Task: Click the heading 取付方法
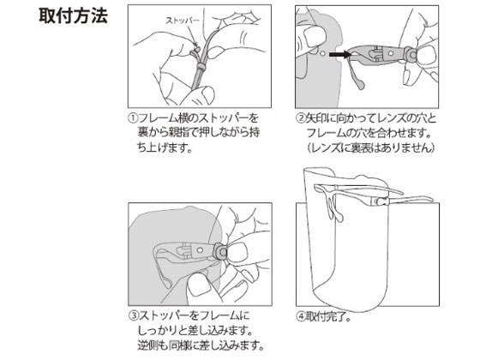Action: pos(73,16)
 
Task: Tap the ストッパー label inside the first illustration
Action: pos(182,21)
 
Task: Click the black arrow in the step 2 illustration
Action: pos(339,55)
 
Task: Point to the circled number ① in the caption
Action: pos(134,118)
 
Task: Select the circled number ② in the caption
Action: pos(301,118)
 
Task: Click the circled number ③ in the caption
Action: pos(134,316)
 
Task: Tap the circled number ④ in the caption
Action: pos(301,317)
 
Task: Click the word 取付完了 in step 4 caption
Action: pos(325,317)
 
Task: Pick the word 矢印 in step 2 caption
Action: pos(316,118)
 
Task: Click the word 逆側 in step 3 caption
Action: pos(148,345)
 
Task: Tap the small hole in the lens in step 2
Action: pos(322,53)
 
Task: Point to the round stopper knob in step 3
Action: pos(222,252)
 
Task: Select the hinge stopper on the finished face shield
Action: pos(381,201)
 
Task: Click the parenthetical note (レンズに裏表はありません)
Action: pos(371,147)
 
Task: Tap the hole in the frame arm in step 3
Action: pos(200,250)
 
